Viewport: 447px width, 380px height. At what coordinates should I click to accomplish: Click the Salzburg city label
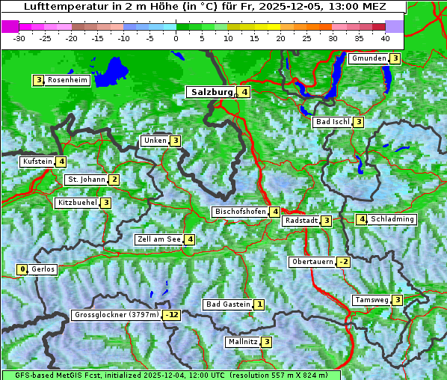click(x=212, y=92)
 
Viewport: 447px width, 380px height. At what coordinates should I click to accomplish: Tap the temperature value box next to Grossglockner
click(x=173, y=315)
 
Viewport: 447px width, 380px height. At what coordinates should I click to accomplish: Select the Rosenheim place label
click(x=67, y=80)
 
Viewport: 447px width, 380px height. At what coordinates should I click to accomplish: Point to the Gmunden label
click(x=368, y=58)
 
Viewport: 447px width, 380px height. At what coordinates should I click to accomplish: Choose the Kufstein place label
click(x=37, y=162)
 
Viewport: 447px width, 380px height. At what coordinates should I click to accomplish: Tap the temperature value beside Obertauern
click(x=343, y=262)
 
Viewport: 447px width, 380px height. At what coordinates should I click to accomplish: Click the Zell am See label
click(x=159, y=239)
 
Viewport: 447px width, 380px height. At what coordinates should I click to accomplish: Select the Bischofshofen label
click(x=240, y=212)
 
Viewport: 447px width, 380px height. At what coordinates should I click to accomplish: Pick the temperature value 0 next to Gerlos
click(x=22, y=269)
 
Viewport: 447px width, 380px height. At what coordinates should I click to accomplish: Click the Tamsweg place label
click(x=372, y=300)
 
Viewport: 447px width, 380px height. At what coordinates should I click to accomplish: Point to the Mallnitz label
click(x=242, y=342)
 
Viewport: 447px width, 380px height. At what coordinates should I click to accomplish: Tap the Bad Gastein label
click(x=228, y=304)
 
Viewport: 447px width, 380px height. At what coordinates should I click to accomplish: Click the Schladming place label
click(x=392, y=219)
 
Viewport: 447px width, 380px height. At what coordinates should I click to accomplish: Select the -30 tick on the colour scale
click(x=19, y=37)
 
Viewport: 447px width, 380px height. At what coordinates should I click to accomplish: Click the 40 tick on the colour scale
click(x=385, y=37)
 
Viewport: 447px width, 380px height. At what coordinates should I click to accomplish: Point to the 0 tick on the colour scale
click(x=176, y=37)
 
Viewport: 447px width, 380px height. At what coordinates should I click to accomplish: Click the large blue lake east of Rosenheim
click(x=111, y=71)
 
